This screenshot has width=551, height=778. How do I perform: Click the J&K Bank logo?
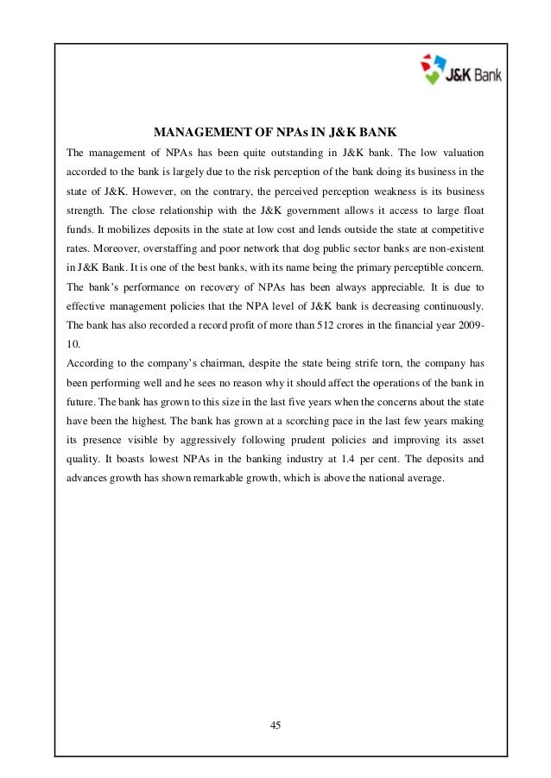[459, 70]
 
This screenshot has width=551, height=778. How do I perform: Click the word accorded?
[90, 172]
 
